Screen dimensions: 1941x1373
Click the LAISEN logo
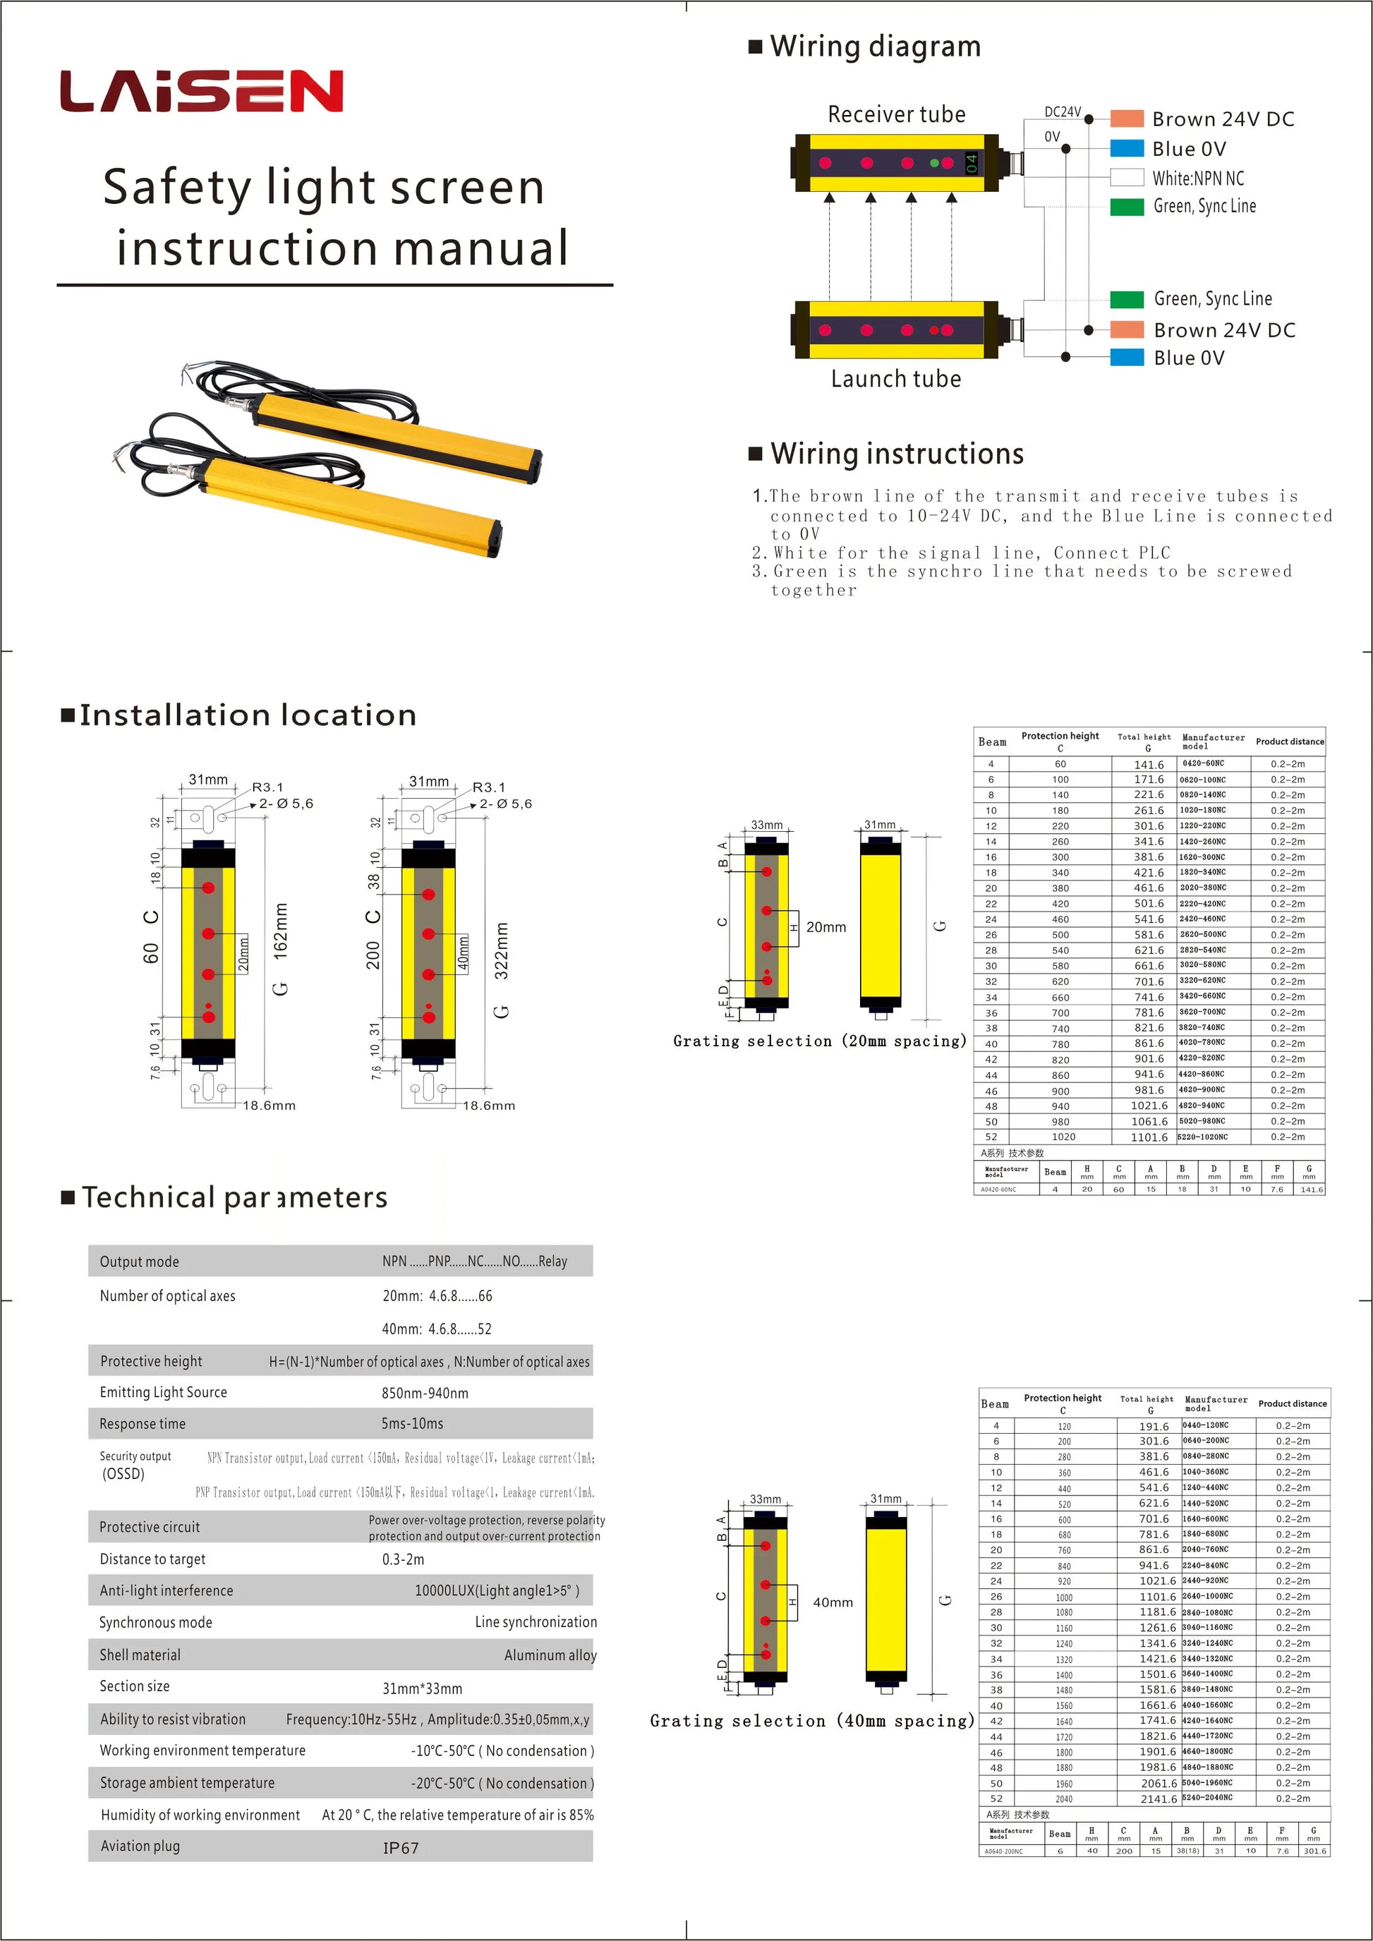tap(201, 91)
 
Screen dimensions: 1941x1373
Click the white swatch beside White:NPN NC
tap(1126, 178)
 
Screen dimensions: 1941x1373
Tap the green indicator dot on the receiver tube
tap(934, 162)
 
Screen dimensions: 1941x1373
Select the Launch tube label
tap(895, 379)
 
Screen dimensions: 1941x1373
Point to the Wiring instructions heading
tap(896, 454)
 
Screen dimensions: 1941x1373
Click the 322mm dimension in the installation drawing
tap(502, 950)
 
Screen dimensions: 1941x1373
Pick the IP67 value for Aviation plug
tap(401, 1848)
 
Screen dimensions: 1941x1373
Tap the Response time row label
tap(142, 1425)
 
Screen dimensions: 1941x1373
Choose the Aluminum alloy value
tap(550, 1655)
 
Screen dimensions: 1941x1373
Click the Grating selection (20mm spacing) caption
tap(819, 1041)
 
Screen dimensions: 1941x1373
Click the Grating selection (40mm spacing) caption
tap(811, 1721)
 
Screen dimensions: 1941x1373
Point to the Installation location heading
tap(248, 715)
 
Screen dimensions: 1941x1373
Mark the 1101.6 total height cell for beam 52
tap(1149, 1137)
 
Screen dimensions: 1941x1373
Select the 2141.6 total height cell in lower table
tap(1159, 1799)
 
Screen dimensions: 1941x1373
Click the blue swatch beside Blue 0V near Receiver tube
tap(1126, 149)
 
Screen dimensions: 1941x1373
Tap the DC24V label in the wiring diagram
tap(1062, 111)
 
